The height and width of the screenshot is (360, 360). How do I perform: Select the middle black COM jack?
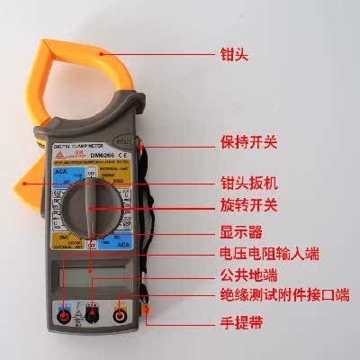pos(92,316)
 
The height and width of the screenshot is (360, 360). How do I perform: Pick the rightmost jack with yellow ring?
pos(120,316)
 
